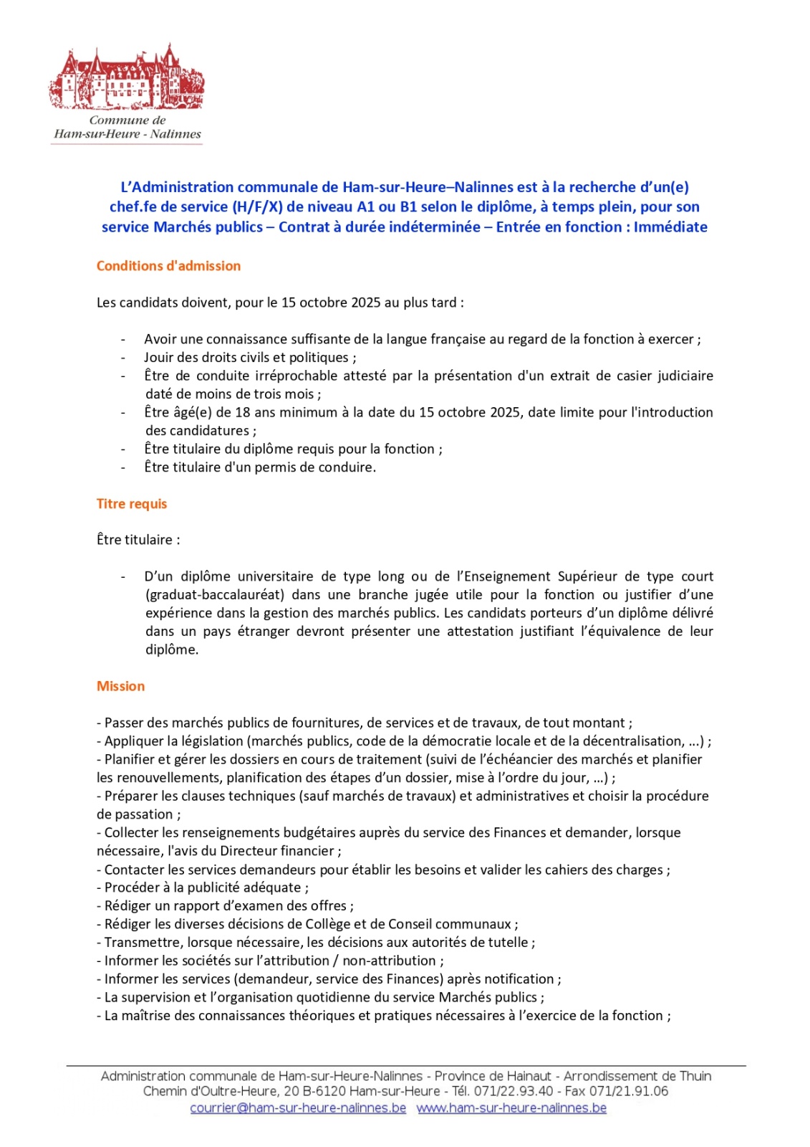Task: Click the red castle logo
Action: coord(127,77)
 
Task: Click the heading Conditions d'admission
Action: coord(168,266)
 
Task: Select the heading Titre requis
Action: coord(132,504)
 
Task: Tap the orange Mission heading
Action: coord(120,686)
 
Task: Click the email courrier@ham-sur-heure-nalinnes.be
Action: coord(298,1108)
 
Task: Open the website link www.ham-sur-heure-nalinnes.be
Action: coord(511,1108)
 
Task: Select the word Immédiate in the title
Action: coord(670,227)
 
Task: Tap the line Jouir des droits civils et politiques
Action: coord(249,358)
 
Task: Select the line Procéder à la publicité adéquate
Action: coord(206,887)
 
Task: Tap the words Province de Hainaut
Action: coord(493,1076)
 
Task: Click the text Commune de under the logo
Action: coord(127,120)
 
